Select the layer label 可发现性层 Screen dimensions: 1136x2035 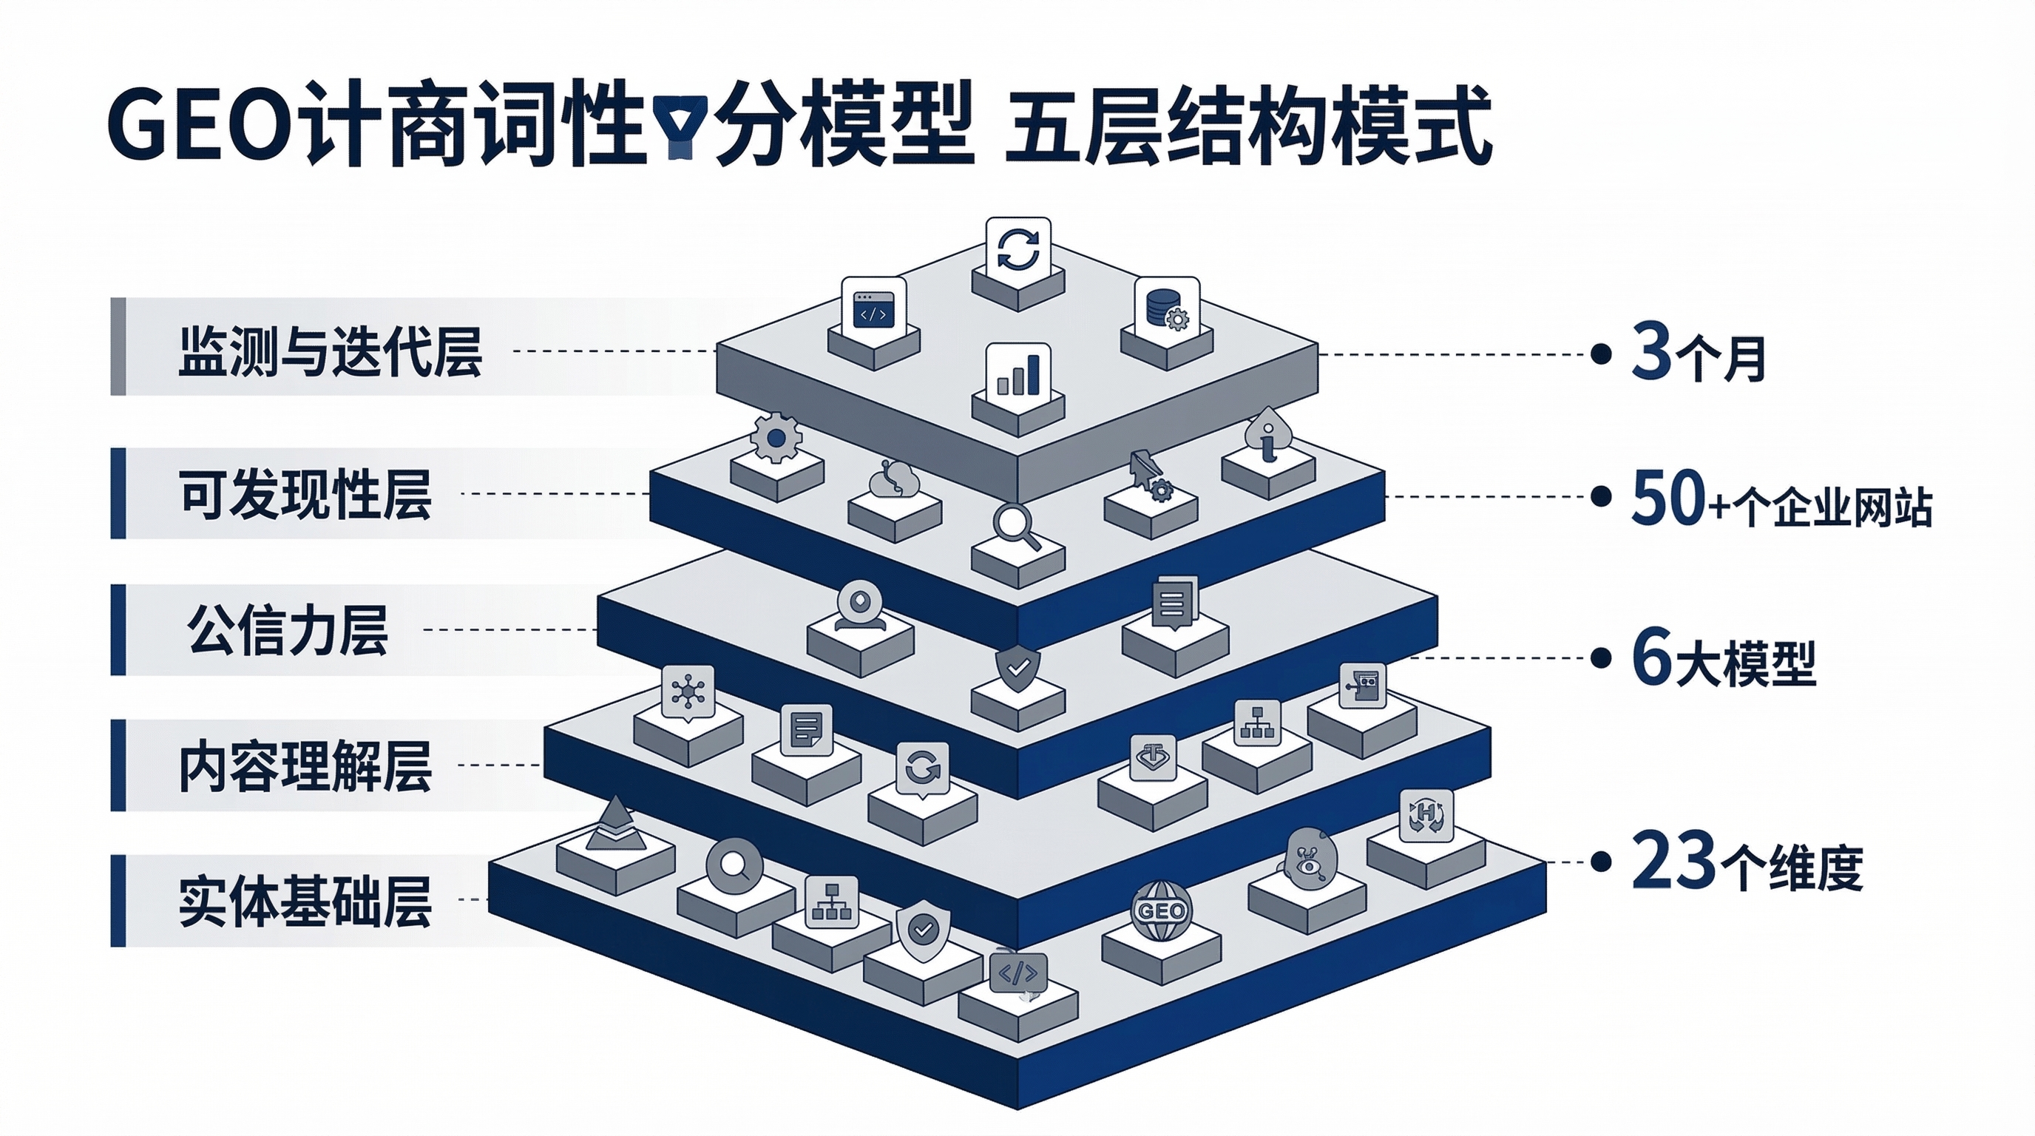tap(305, 495)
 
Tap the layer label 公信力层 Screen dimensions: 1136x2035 tap(288, 630)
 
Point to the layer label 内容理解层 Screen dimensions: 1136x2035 tap(305, 766)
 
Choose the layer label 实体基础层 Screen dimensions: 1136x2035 tap(305, 902)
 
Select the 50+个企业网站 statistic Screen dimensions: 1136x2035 tap(1781, 499)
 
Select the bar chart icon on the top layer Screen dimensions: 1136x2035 tap(1018, 374)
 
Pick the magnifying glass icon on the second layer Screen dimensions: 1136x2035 tap(1016, 526)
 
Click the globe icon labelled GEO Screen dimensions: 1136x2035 tap(1160, 911)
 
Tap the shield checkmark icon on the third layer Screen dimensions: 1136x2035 tap(1017, 668)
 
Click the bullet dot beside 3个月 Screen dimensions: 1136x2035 tap(1600, 354)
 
